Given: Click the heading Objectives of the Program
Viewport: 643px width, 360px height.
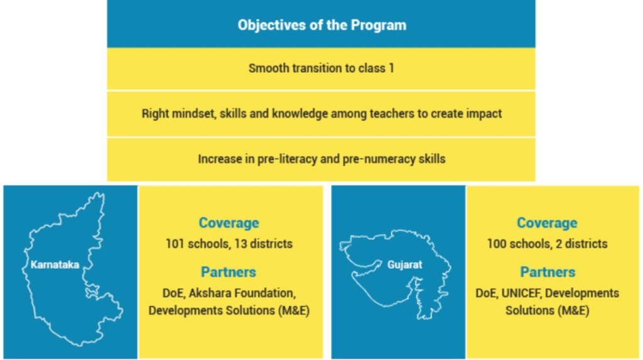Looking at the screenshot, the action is coord(322,25).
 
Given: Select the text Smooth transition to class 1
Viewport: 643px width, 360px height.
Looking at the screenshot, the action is coord(321,68).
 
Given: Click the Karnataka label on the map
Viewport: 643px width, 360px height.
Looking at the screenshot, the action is coord(55,265).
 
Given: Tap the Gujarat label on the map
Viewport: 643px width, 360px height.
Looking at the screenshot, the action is coord(405,265).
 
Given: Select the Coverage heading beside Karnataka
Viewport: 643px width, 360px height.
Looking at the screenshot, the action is coord(229,222).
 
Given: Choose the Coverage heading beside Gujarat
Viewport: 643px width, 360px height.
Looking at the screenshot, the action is coord(547,222).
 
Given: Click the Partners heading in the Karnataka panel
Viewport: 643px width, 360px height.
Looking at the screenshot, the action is coord(229,272).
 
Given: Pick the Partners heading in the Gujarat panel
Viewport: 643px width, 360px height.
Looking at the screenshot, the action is coord(548,272).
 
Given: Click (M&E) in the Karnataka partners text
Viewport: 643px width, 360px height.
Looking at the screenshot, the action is coord(294,310).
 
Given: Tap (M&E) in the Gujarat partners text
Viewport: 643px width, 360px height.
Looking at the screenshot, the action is coord(573,310).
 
